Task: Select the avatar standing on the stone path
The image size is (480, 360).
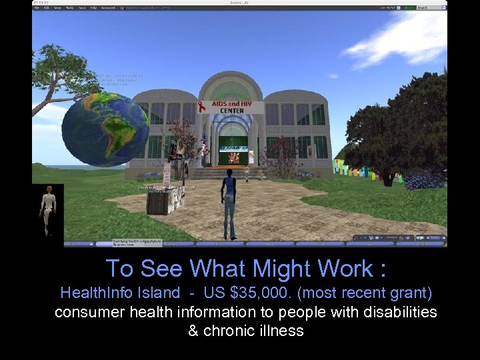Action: (229, 203)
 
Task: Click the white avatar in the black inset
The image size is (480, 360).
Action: (47, 207)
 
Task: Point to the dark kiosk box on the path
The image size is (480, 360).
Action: (158, 201)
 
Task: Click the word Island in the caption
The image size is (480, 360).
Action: (158, 293)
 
